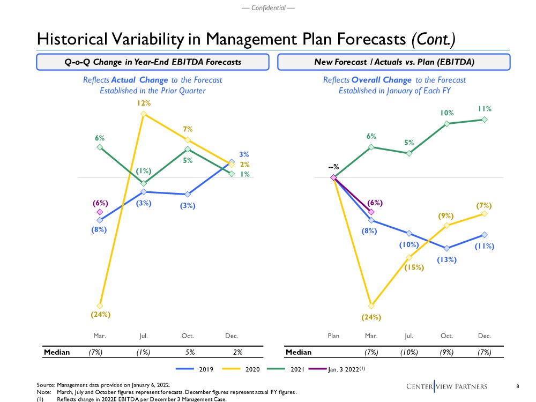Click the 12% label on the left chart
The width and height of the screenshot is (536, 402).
pyautogui.click(x=143, y=102)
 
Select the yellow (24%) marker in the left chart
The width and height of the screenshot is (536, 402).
pyautogui.click(x=100, y=306)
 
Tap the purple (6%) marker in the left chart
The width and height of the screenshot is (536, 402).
pyautogui.click(x=100, y=212)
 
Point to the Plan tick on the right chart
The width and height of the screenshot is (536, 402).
pyautogui.click(x=333, y=336)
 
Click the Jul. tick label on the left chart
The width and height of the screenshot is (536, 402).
pyautogui.click(x=144, y=336)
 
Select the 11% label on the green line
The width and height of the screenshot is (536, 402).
pyautogui.click(x=485, y=109)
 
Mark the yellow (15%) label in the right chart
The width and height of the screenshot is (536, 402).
pyautogui.click(x=414, y=267)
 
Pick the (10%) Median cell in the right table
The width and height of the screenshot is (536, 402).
pyautogui.click(x=409, y=352)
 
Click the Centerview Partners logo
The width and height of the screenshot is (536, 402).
pyautogui.click(x=455, y=386)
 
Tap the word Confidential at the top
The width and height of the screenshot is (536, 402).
pyautogui.click(x=268, y=8)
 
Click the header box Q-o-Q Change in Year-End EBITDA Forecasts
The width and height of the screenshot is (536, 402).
pyautogui.click(x=150, y=62)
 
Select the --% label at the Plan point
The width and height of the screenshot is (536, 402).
pyautogui.click(x=333, y=167)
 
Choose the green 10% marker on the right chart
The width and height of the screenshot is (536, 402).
pyautogui.click(x=446, y=124)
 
